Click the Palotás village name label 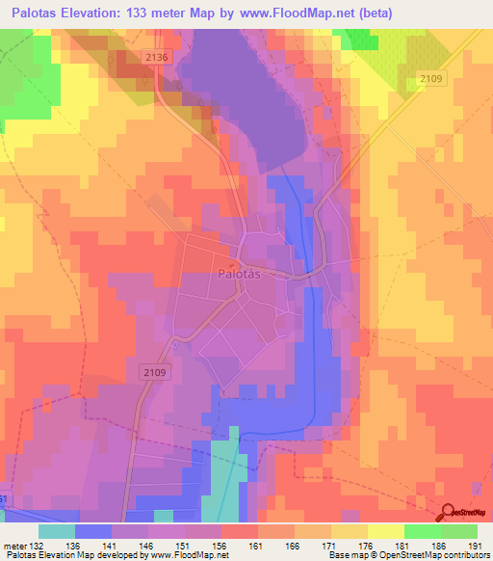tap(237, 273)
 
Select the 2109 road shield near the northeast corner tap(432, 79)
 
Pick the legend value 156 tap(221, 545)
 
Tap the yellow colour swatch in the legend tap(385, 531)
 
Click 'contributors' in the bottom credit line tap(463, 556)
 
